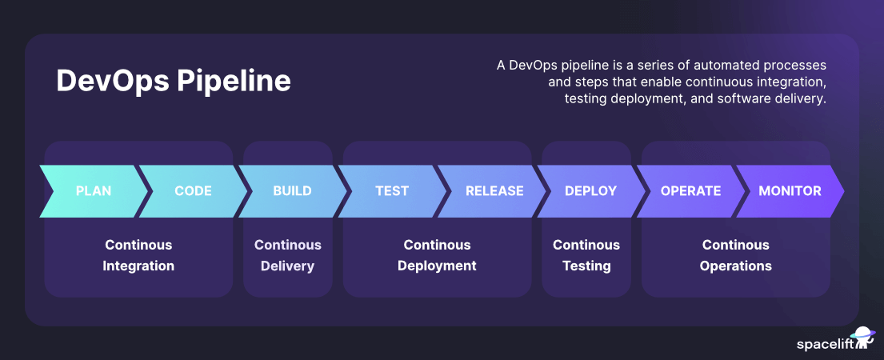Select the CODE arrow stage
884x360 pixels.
click(193, 191)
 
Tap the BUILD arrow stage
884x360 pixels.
click(292, 191)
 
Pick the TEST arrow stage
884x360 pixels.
click(392, 191)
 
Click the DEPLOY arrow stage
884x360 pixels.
click(590, 191)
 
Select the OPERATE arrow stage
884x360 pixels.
click(690, 191)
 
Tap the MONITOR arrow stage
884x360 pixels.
click(790, 191)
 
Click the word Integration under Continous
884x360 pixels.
click(138, 266)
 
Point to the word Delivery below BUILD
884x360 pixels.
click(287, 266)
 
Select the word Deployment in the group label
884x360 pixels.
click(437, 266)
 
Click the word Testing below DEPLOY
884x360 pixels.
click(586, 266)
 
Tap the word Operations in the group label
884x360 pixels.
click(735, 266)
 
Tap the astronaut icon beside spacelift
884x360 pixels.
click(863, 337)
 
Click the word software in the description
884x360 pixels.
click(735, 99)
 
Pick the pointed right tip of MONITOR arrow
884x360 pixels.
click(842, 191)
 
